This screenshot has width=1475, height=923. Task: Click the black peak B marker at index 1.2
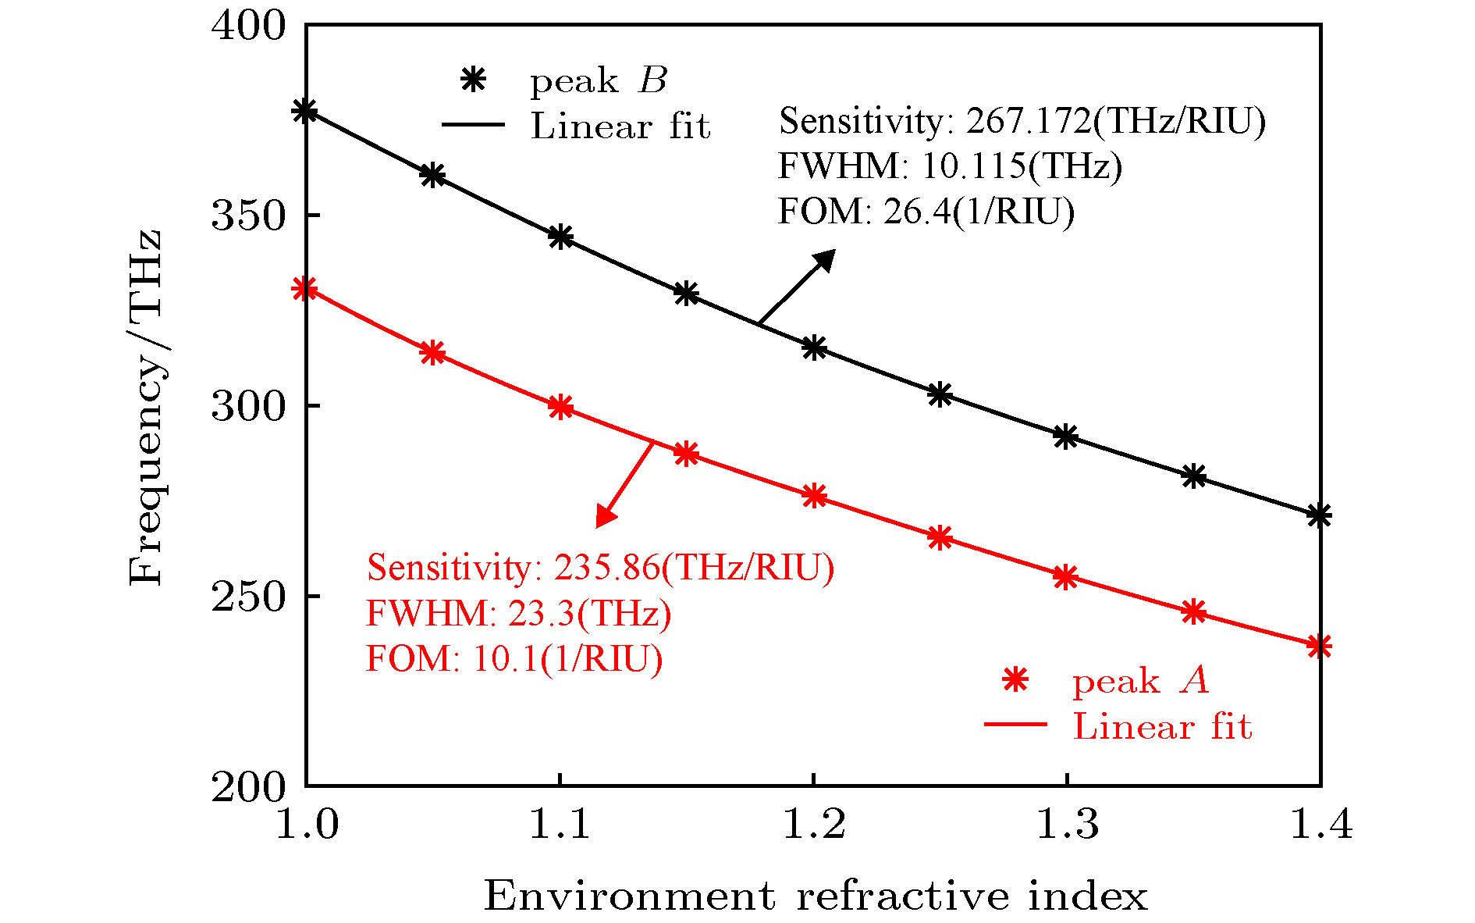(813, 347)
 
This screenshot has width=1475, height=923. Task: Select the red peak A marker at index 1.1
(560, 406)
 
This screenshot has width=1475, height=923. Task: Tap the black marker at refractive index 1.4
(1319, 515)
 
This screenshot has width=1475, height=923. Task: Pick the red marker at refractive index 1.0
(305, 289)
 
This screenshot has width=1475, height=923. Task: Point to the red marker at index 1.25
(940, 537)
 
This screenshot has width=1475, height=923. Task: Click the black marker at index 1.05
(432, 175)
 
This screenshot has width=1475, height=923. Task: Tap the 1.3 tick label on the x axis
(1066, 825)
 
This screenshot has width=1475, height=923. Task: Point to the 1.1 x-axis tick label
(560, 825)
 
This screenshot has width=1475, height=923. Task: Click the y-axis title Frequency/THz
(146, 406)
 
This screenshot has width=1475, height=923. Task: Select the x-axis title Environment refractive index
(816, 895)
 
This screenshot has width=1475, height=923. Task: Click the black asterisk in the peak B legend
(473, 80)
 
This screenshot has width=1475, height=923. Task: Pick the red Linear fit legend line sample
(1015, 725)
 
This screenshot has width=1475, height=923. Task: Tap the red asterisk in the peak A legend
(1015, 681)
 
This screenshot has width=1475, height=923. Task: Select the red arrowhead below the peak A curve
(605, 516)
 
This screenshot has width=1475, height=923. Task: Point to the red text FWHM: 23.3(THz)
(518, 614)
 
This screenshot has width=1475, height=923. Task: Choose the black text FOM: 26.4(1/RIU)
(926, 211)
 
